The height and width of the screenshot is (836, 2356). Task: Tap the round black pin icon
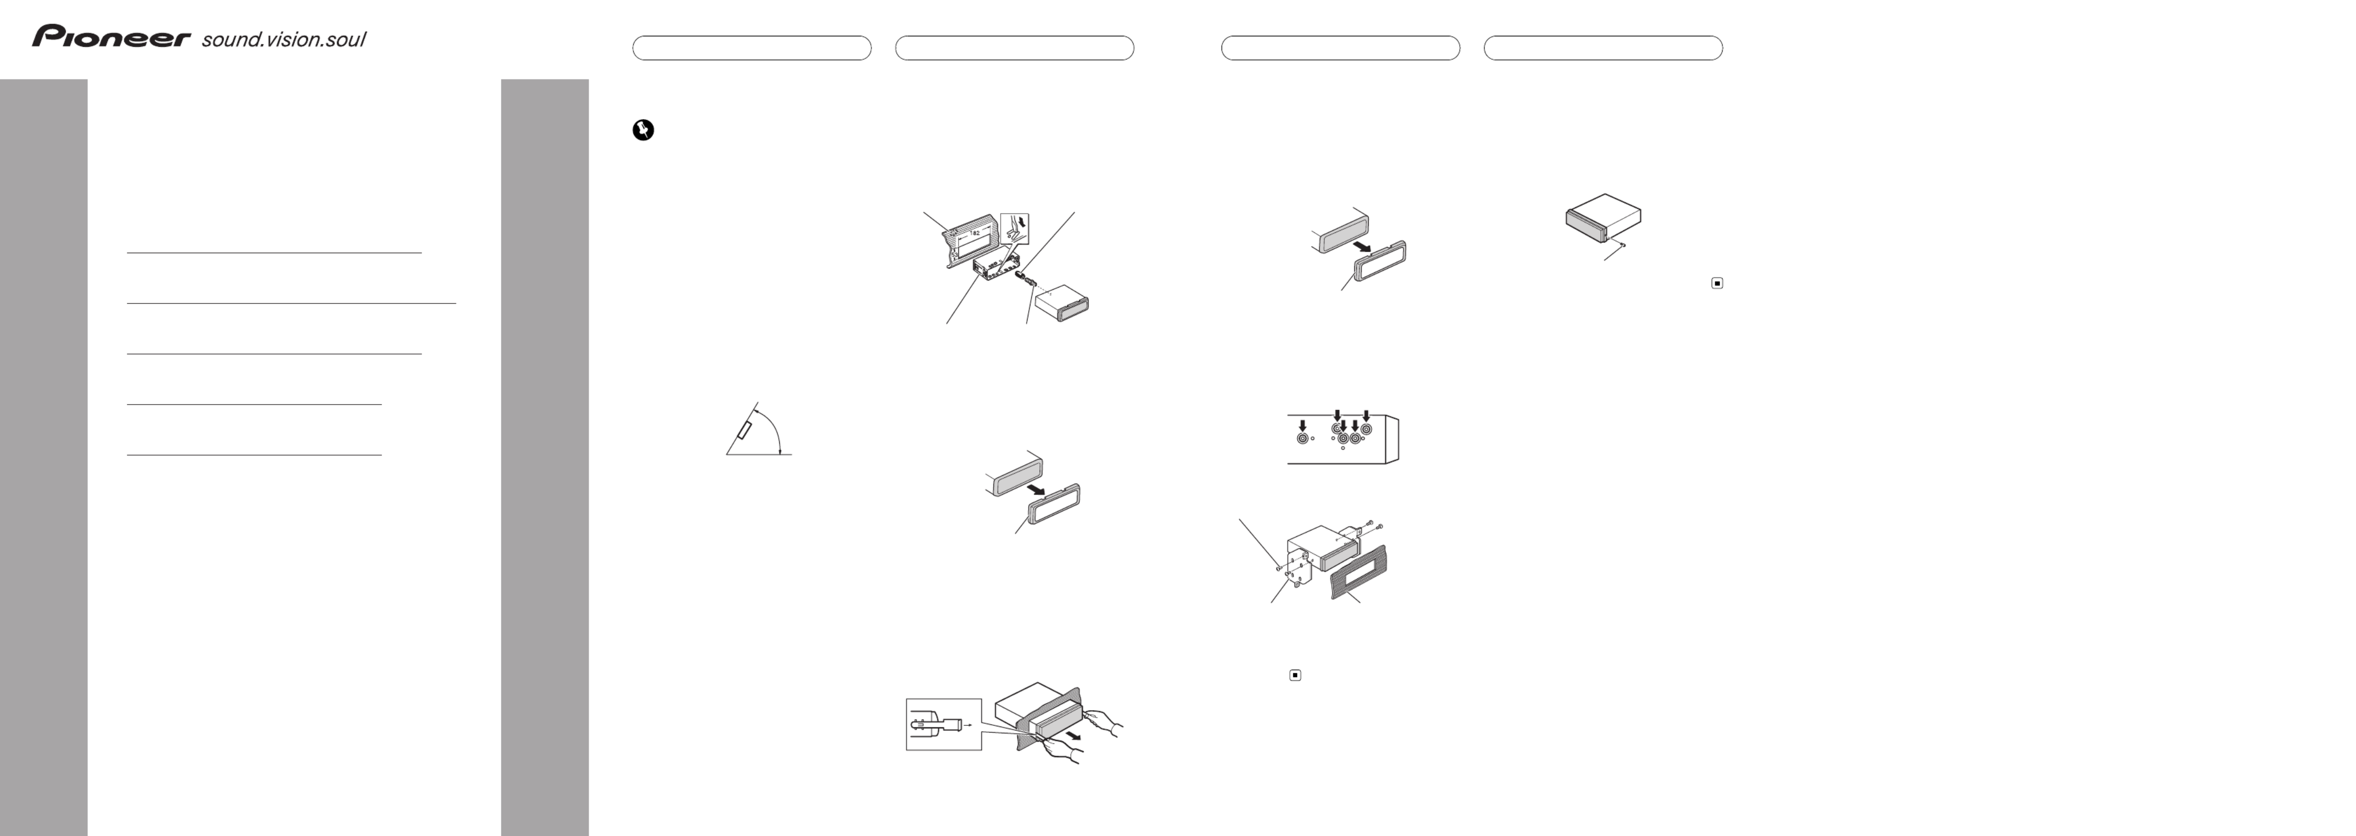643,131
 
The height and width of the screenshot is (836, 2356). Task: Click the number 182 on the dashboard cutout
975,233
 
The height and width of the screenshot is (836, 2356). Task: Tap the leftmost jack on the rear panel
1303,439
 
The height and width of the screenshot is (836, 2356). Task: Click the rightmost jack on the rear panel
1366,428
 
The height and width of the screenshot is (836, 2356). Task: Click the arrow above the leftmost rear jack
1303,425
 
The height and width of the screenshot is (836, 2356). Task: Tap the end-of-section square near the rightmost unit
1717,283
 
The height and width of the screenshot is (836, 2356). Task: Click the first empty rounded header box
752,47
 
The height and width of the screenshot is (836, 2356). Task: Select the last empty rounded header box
1603,47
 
